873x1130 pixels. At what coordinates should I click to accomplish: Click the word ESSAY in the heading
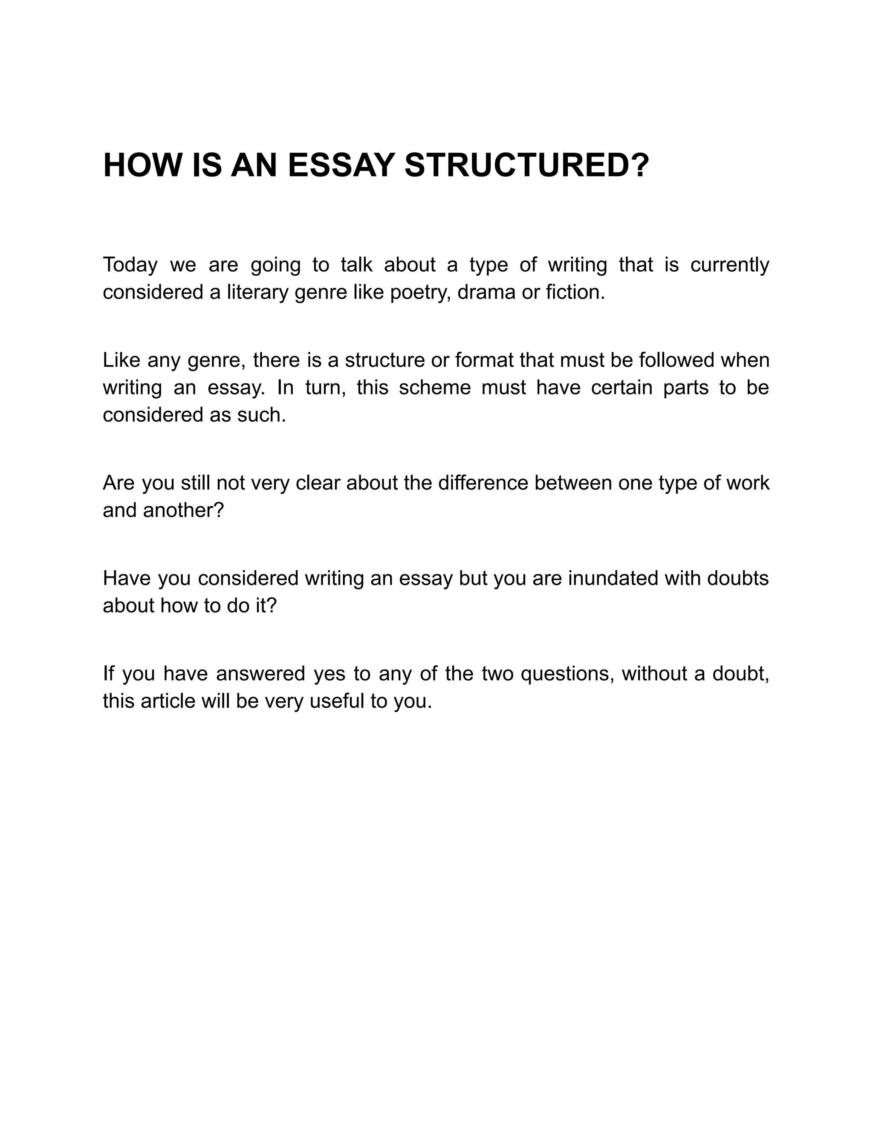[x=341, y=165]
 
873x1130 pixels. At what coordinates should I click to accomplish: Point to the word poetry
[x=420, y=293]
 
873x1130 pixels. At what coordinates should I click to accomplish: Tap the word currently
[x=730, y=265]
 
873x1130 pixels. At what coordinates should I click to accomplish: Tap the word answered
[x=260, y=674]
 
